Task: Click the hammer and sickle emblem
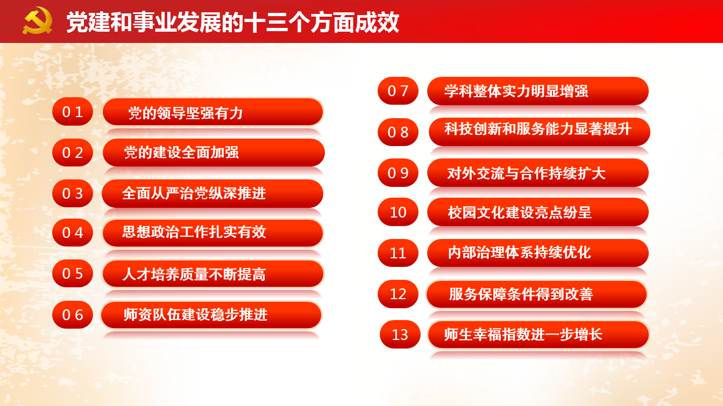[x=38, y=20]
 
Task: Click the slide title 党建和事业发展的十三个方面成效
[x=233, y=22]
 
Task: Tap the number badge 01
[x=73, y=112]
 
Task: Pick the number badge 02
[x=73, y=153]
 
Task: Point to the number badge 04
[x=73, y=233]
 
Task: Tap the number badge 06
[x=73, y=315]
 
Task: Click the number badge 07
[x=398, y=91]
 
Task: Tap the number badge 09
[x=398, y=173]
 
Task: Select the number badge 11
[x=398, y=253]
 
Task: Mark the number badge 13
[x=400, y=334]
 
